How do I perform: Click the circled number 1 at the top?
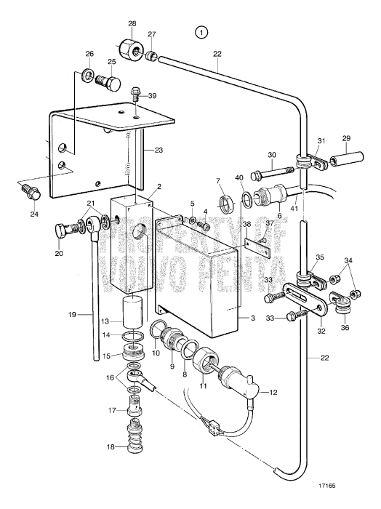tap(201, 32)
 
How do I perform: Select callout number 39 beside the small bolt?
tap(151, 96)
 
